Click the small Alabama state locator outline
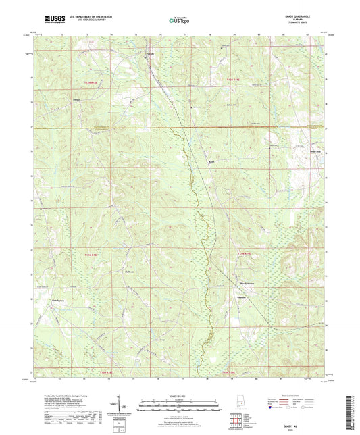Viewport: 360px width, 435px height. coord(237,405)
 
